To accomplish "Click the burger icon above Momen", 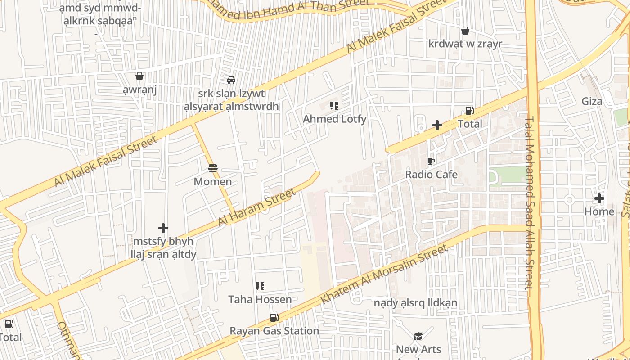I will point(213,169).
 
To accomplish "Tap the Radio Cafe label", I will point(431,175).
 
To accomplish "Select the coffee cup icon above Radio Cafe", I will point(431,161).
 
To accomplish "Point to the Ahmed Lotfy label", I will point(334,119).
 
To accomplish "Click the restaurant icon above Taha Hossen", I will point(260,286).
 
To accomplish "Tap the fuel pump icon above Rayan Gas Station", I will point(274,318).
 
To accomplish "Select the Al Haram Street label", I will point(257,207).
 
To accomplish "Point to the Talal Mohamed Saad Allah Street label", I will point(529,202).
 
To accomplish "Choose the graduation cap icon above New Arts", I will point(418,336).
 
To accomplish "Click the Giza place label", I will point(592,101).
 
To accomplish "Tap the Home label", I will point(599,211).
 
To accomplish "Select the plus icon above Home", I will point(599,198).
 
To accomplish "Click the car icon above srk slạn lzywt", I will point(231,80).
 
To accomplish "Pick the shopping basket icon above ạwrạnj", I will point(139,76).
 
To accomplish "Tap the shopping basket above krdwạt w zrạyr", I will point(465,31).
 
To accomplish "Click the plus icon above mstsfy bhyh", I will point(163,228).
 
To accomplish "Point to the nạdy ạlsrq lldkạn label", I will point(415,303).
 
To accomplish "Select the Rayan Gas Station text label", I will point(274,331).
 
